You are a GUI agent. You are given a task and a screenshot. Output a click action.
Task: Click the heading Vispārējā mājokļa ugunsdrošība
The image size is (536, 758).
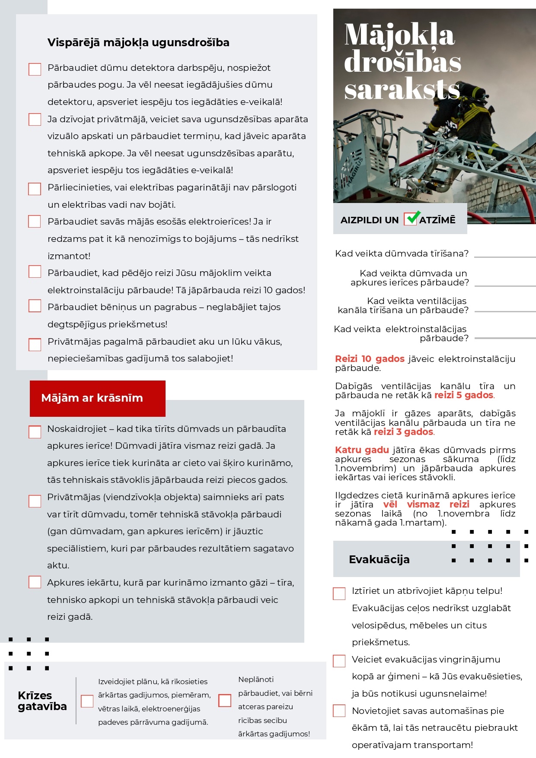coord(138,42)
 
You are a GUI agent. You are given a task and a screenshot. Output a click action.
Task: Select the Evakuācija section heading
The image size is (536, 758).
coord(379,559)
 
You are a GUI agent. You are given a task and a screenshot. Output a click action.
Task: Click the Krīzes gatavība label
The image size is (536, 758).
coord(42,701)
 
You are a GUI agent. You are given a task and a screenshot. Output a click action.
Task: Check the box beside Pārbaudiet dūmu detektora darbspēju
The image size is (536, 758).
coord(35,69)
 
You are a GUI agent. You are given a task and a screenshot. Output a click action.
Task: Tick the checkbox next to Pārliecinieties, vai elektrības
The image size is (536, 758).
coord(35,189)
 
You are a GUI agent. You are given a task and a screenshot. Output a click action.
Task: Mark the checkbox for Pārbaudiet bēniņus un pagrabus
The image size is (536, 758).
coord(35,306)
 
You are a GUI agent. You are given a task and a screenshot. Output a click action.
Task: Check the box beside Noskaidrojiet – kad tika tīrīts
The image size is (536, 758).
coord(35,431)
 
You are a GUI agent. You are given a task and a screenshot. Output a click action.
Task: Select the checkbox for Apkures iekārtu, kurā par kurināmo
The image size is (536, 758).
coord(35,582)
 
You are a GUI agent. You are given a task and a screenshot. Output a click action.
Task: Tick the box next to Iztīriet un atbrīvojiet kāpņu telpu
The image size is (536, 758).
coord(339,593)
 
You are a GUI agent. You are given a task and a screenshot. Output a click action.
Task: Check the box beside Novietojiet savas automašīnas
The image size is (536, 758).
coord(339,710)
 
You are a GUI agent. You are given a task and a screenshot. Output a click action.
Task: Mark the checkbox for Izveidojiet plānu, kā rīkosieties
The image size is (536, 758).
coord(87,701)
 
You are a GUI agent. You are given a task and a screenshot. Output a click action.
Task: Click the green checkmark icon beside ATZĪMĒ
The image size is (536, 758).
coord(412,218)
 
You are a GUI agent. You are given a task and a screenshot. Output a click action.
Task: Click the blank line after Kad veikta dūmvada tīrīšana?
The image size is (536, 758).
coord(505,257)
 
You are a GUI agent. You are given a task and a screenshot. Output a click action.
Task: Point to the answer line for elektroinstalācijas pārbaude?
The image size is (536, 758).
coord(505,338)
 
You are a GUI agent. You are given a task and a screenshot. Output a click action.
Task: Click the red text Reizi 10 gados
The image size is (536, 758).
coord(370,359)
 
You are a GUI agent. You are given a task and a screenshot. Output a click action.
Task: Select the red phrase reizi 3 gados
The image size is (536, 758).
coord(403,432)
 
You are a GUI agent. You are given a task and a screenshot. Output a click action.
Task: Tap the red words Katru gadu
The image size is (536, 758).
coord(362,450)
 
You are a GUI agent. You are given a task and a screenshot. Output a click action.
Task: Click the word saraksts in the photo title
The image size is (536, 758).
coord(402,90)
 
